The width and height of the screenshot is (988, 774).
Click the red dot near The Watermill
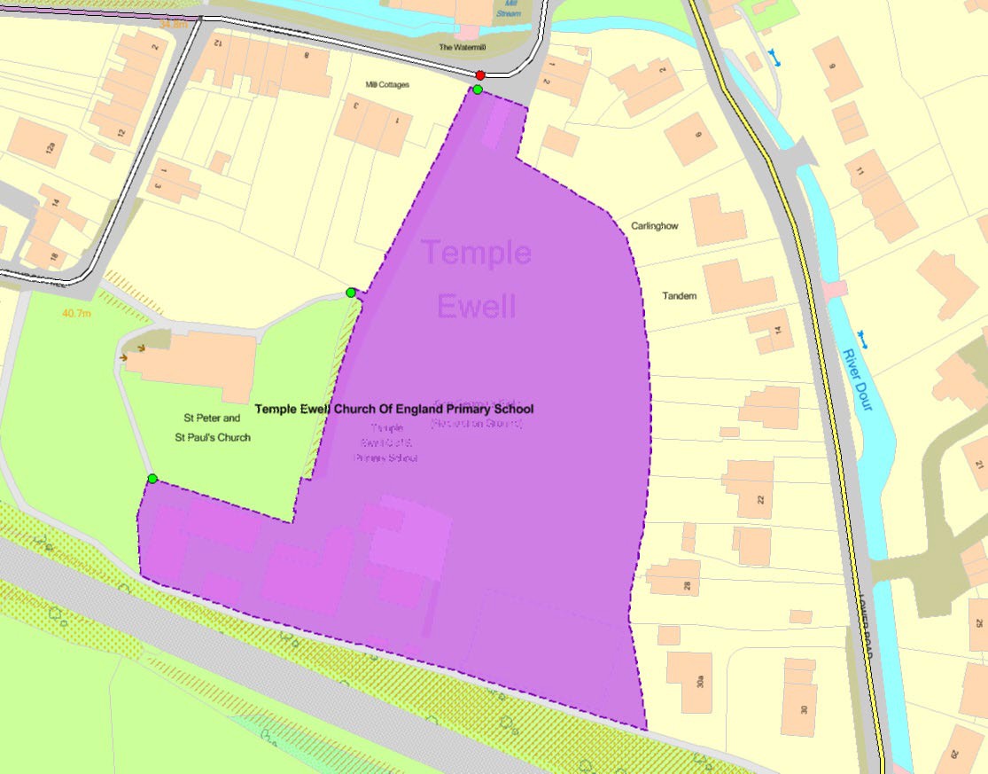pos(480,75)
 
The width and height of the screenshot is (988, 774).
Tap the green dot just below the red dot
pos(478,90)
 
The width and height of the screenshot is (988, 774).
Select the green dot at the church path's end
pos(351,293)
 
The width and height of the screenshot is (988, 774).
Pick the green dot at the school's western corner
pos(152,479)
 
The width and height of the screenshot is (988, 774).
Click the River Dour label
pos(857,379)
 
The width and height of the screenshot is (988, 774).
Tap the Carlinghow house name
pos(655,226)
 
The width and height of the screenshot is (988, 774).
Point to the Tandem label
pos(680,296)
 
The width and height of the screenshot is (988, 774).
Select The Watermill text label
pos(463,46)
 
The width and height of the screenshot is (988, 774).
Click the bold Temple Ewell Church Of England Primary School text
pos(394,410)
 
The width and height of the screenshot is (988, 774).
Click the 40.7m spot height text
pos(77,313)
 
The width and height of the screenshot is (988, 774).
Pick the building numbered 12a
pos(38,144)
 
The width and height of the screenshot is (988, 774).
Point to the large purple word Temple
pos(476,253)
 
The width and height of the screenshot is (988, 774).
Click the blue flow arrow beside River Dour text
pos(862,337)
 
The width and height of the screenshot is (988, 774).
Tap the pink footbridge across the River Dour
pos(834,289)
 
